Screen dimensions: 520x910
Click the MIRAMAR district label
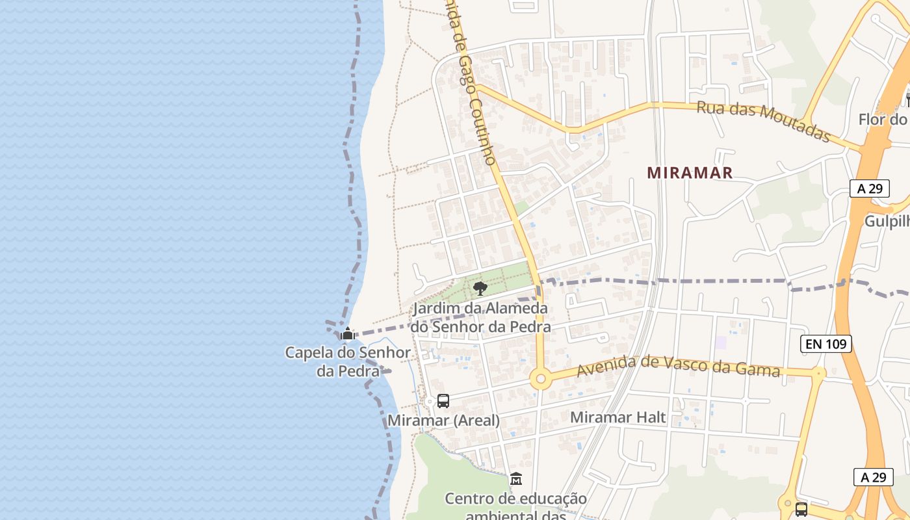(690, 173)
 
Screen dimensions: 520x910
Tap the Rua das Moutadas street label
(764, 121)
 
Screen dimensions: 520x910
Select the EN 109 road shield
(825, 344)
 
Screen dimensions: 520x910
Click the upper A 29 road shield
(870, 188)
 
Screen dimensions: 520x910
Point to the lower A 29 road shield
(873, 477)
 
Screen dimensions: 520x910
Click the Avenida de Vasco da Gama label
(678, 367)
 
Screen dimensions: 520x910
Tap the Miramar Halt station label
(618, 417)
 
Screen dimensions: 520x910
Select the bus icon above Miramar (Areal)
(443, 401)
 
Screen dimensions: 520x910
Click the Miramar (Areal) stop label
(443, 421)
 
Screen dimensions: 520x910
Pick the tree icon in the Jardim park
(480, 288)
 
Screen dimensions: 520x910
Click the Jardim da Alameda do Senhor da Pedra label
(480, 317)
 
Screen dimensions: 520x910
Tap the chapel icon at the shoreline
(348, 334)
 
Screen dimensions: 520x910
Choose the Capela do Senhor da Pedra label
(348, 361)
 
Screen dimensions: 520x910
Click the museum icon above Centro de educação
(516, 479)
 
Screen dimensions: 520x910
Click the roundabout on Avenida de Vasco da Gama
(540, 378)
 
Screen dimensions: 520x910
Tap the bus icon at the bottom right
(801, 509)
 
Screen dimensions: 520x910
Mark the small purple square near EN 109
(721, 342)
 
